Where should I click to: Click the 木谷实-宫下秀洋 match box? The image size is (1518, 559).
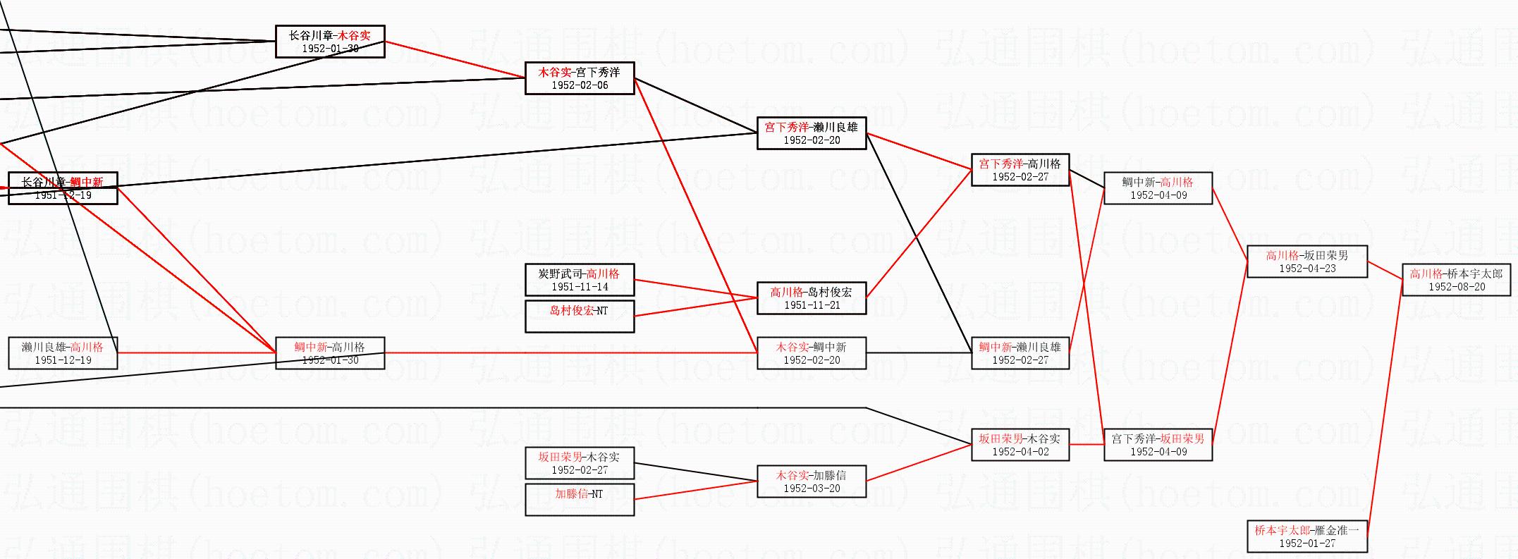click(580, 78)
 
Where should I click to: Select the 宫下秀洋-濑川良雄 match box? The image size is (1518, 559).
click(812, 133)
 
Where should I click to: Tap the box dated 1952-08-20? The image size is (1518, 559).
click(1456, 280)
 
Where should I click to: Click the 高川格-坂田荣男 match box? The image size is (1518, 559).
click(1307, 262)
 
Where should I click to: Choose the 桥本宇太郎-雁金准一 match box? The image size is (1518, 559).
click(1307, 536)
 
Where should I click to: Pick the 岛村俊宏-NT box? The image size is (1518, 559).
click(580, 317)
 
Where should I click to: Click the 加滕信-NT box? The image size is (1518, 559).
click(580, 500)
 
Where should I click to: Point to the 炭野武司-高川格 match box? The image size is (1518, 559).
click(580, 280)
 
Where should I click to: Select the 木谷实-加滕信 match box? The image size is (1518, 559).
click(812, 481)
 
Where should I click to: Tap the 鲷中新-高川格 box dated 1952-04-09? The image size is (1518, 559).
click(1158, 188)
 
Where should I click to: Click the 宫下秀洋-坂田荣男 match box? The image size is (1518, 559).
click(1158, 445)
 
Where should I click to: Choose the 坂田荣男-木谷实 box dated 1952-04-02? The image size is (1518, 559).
click(1020, 445)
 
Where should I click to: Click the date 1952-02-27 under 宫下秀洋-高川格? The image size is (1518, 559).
click(1020, 177)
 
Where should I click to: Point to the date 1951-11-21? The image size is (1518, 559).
click(812, 305)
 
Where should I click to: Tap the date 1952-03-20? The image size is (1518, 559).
click(812, 489)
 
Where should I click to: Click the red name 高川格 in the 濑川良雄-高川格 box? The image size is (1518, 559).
click(87, 347)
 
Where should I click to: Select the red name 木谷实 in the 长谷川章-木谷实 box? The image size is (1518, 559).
click(354, 35)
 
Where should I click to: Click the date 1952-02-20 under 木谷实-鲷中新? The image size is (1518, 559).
click(812, 360)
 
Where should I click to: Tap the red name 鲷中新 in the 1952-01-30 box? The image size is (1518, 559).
click(311, 347)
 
